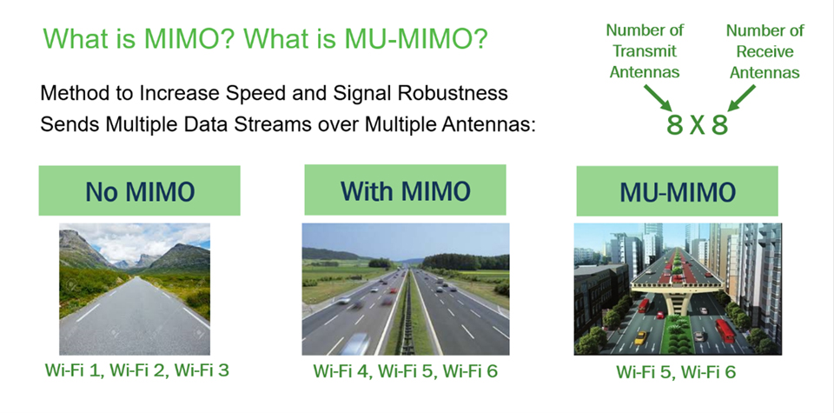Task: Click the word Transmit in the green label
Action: (644, 51)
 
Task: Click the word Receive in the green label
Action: (764, 51)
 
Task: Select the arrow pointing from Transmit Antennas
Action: (659, 97)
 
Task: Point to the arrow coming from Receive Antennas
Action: (741, 98)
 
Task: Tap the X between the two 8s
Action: (698, 125)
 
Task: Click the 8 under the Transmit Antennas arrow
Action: (674, 125)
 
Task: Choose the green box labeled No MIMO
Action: (139, 190)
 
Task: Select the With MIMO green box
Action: (405, 190)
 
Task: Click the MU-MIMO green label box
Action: (677, 191)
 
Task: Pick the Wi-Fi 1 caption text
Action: (75, 370)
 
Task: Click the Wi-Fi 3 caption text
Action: (199, 370)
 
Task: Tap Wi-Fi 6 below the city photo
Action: (708, 372)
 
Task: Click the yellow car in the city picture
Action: (640, 336)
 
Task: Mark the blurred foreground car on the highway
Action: (355, 343)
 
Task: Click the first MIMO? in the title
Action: (186, 38)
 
